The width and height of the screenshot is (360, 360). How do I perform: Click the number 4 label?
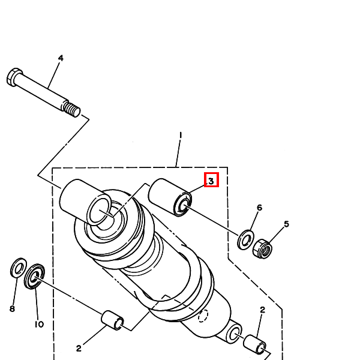click(61, 58)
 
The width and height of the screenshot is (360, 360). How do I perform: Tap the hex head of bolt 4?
click(14, 77)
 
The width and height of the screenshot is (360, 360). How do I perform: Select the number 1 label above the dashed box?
click(180, 136)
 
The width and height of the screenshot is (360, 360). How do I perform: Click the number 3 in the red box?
click(211, 180)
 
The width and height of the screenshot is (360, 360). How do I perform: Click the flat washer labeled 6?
click(245, 239)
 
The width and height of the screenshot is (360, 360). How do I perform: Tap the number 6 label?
click(259, 208)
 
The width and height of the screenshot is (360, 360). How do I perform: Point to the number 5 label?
click(286, 224)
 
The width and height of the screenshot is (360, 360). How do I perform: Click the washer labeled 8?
click(19, 268)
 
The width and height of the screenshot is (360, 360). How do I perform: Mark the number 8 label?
click(11, 309)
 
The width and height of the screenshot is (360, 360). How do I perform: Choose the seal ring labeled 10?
click(35, 276)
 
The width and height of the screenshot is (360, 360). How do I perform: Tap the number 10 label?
click(38, 324)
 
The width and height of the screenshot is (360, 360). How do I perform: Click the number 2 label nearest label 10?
click(79, 348)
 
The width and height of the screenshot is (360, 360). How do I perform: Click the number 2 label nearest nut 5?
click(262, 310)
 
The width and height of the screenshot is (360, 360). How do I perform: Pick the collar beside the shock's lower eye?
click(254, 346)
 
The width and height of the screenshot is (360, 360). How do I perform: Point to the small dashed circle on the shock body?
click(203, 315)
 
